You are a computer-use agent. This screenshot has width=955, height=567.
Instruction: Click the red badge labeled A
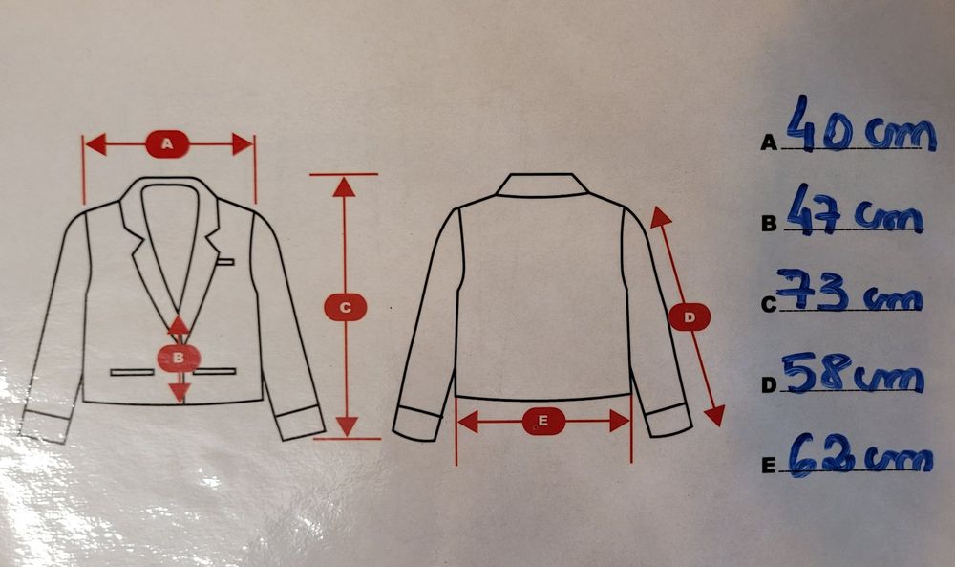pyautogui.click(x=167, y=143)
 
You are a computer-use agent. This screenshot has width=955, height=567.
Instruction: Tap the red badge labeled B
pyautogui.click(x=179, y=358)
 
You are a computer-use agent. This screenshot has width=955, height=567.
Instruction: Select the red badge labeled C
pyautogui.click(x=345, y=307)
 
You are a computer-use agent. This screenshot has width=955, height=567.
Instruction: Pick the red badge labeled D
pyautogui.click(x=690, y=317)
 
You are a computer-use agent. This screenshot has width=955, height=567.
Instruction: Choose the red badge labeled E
pyautogui.click(x=543, y=421)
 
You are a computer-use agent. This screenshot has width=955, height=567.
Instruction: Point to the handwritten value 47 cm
pyautogui.click(x=854, y=210)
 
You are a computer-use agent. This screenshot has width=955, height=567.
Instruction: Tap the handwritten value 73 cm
pyautogui.click(x=849, y=291)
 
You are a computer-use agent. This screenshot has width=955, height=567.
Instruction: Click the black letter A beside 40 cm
pyautogui.click(x=769, y=142)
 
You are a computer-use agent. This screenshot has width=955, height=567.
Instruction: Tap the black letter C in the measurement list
pyautogui.click(x=770, y=304)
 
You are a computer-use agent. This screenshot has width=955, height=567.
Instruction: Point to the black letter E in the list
pyautogui.click(x=769, y=467)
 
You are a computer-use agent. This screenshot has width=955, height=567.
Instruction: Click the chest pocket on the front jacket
pyautogui.click(x=225, y=262)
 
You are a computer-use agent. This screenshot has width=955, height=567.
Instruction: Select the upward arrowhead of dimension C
pyautogui.click(x=345, y=186)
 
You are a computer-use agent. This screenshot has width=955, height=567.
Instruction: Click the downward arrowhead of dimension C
pyautogui.click(x=346, y=426)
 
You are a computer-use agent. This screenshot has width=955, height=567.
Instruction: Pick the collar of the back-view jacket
pyautogui.click(x=542, y=185)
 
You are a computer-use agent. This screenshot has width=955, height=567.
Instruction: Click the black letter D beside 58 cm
pyautogui.click(x=770, y=385)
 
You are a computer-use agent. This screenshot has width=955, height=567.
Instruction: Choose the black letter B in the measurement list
pyautogui.click(x=769, y=224)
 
